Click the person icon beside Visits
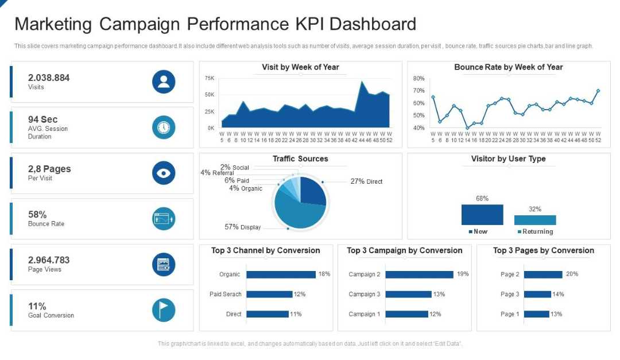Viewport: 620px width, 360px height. pyautogui.click(x=164, y=82)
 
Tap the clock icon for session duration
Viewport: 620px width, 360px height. pyautogui.click(x=164, y=127)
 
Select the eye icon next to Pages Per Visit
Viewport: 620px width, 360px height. pyautogui.click(x=164, y=173)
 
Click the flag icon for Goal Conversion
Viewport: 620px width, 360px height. pyautogui.click(x=164, y=310)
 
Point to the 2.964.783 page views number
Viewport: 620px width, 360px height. pyautogui.click(x=49, y=260)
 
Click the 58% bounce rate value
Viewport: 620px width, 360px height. pyautogui.click(x=37, y=215)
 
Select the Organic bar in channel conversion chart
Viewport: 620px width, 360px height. pyautogui.click(x=281, y=274)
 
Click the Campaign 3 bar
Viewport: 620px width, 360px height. pyautogui.click(x=408, y=295)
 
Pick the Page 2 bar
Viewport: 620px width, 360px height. pyautogui.click(x=543, y=274)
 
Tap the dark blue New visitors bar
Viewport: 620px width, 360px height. pyautogui.click(x=482, y=215)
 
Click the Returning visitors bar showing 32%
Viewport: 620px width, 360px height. pyautogui.click(x=535, y=220)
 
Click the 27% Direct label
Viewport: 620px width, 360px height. pyautogui.click(x=366, y=181)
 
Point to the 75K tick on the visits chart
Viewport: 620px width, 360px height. pyautogui.click(x=209, y=78)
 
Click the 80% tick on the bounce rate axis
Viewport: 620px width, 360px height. pyautogui.click(x=418, y=78)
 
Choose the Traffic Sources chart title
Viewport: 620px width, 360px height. pyautogui.click(x=300, y=158)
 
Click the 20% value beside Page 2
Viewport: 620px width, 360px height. pyautogui.click(x=572, y=274)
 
